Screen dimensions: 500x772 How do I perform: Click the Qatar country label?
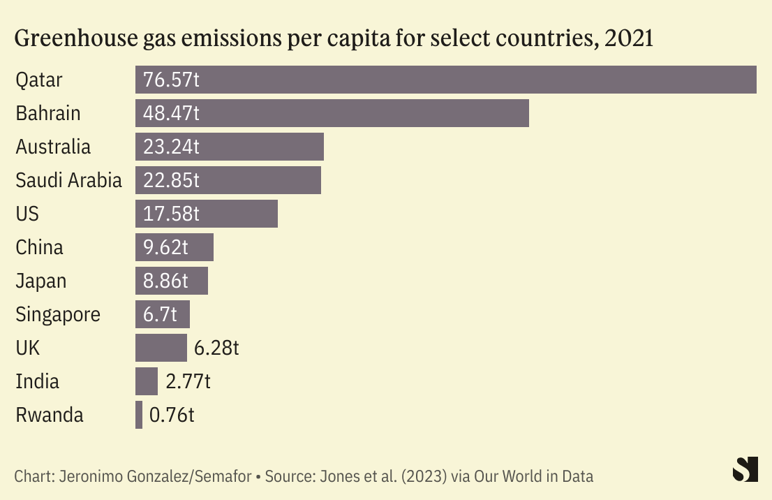pyautogui.click(x=39, y=80)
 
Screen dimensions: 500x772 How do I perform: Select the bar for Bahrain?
pyautogui.click(x=332, y=113)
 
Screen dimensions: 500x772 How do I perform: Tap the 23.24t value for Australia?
pyautogui.click(x=171, y=147)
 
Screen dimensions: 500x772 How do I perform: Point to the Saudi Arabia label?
pyautogui.click(x=68, y=180)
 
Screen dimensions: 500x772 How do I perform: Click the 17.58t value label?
pyautogui.click(x=171, y=214)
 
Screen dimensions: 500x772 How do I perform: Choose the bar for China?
pyautogui.click(x=175, y=247)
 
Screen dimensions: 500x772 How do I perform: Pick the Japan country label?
pyautogui.click(x=41, y=281)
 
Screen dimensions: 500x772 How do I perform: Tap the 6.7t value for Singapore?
pyautogui.click(x=160, y=314)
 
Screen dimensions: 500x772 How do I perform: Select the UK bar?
pyautogui.click(x=161, y=348)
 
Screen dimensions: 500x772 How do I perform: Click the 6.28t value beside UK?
pyautogui.click(x=216, y=348)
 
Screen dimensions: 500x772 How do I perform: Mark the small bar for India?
pyautogui.click(x=147, y=381)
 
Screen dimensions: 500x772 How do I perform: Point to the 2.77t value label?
pyautogui.click(x=188, y=381)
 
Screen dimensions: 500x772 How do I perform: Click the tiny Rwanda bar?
pyautogui.click(x=139, y=415)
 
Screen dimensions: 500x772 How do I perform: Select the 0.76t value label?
pyautogui.click(x=172, y=415)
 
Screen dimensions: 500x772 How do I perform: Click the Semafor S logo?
pyautogui.click(x=745, y=469)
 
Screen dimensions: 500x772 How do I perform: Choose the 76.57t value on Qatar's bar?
pyautogui.click(x=171, y=80)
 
